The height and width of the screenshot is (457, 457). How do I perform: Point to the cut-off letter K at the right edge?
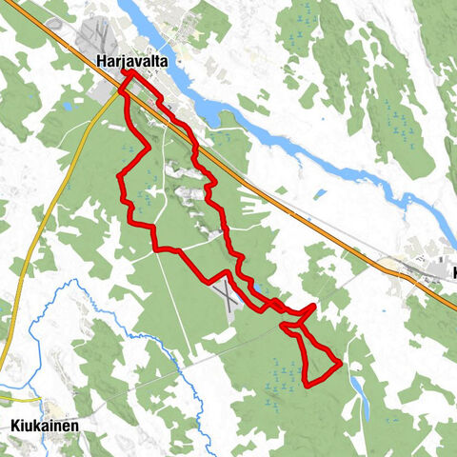(453, 274)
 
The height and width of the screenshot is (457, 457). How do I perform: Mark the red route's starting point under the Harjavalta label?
(125, 73)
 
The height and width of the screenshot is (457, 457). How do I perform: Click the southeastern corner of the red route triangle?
(340, 364)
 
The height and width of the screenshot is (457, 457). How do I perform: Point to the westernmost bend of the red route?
(119, 176)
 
